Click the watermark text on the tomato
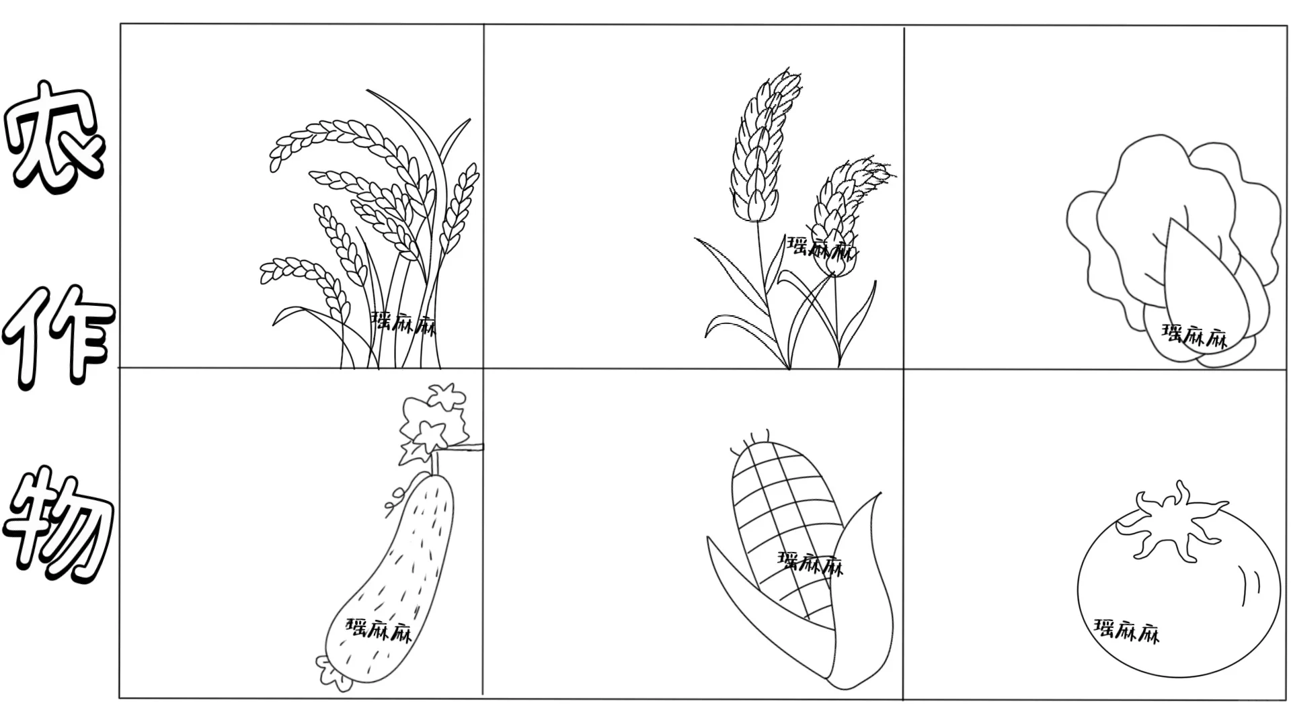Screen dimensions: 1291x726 tap(1127, 631)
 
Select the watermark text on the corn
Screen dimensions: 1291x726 tap(810, 563)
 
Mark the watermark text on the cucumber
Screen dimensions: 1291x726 tap(379, 630)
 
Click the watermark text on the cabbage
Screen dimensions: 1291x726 tap(1195, 335)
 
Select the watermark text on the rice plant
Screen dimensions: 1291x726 tap(403, 323)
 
